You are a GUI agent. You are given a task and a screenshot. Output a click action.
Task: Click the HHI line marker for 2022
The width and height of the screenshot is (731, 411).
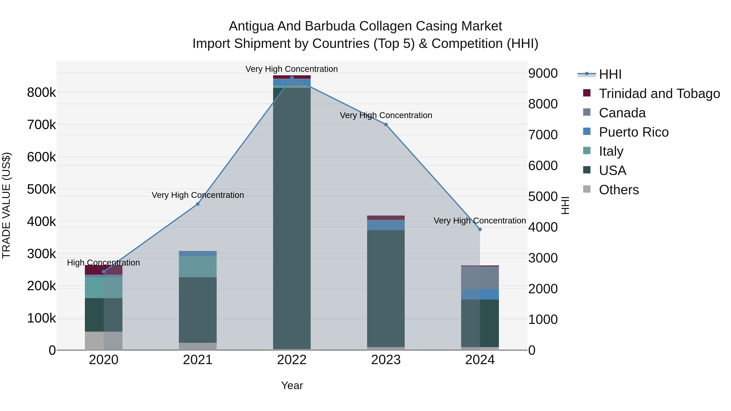[292, 78]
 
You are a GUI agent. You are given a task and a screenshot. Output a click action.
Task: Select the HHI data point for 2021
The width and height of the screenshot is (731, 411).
[198, 204]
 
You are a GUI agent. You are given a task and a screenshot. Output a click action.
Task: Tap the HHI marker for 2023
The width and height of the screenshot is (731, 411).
[386, 125]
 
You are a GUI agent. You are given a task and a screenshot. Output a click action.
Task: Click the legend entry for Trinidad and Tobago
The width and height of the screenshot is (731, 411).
[659, 94]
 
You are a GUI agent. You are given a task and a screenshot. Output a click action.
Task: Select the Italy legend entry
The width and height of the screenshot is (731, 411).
[611, 151]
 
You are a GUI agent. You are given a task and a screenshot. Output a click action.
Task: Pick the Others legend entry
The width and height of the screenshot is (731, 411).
[619, 190]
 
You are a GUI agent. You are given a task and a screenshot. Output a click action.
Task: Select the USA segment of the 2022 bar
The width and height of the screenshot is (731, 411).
[292, 218]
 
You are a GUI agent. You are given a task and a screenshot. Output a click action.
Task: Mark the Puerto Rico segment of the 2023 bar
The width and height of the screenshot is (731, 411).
[386, 225]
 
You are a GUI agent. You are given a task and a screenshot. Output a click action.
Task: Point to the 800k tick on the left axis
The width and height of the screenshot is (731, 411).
[41, 93]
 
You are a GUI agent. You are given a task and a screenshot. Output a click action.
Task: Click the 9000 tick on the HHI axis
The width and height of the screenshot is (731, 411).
[543, 73]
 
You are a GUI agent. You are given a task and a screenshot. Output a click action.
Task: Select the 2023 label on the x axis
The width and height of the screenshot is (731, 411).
[386, 360]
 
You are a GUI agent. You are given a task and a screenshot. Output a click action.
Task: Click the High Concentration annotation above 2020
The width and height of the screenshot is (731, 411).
[104, 263]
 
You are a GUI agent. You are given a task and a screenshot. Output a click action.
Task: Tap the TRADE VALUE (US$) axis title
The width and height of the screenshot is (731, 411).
[6, 205]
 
